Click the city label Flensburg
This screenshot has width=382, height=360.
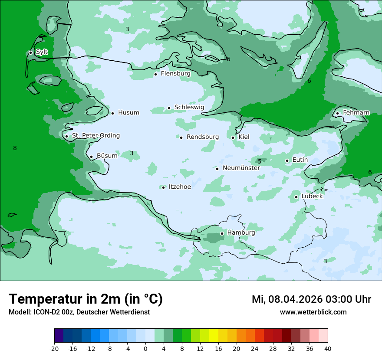coord(175,74)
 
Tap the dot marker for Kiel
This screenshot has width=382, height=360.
coord(233,137)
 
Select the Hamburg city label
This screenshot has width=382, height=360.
coord(241,233)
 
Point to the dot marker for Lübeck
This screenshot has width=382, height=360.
coord(296,197)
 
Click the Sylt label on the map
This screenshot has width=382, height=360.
coord(42,52)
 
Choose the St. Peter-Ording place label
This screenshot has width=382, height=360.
coord(95,136)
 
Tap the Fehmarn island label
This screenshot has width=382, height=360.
coord(356,113)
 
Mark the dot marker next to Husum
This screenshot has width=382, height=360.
coord(112,113)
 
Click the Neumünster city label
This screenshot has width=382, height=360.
coord(241,168)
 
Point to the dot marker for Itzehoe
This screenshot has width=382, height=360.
coord(163,187)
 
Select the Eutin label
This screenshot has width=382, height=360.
coord(300,160)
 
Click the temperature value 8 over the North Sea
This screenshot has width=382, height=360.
coord(15,148)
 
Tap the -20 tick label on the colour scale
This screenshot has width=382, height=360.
coord(54,349)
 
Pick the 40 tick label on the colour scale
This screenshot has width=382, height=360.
coord(328,349)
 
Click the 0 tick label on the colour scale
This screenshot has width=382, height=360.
coord(145,349)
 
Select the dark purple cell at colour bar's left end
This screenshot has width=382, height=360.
coord(59,336)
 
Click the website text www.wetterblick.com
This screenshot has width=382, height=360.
coord(313,312)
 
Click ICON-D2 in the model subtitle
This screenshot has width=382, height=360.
coord(44,312)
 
